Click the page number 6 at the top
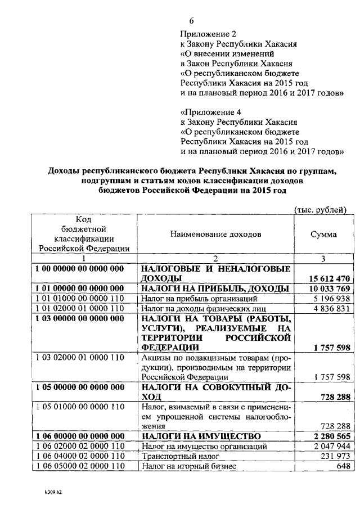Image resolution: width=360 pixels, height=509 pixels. coord(191,21)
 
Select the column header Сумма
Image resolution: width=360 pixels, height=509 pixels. coord(323,235)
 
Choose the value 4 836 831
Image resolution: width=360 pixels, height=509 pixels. coord(332,309)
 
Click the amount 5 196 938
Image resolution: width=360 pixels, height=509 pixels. coord(332,299)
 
